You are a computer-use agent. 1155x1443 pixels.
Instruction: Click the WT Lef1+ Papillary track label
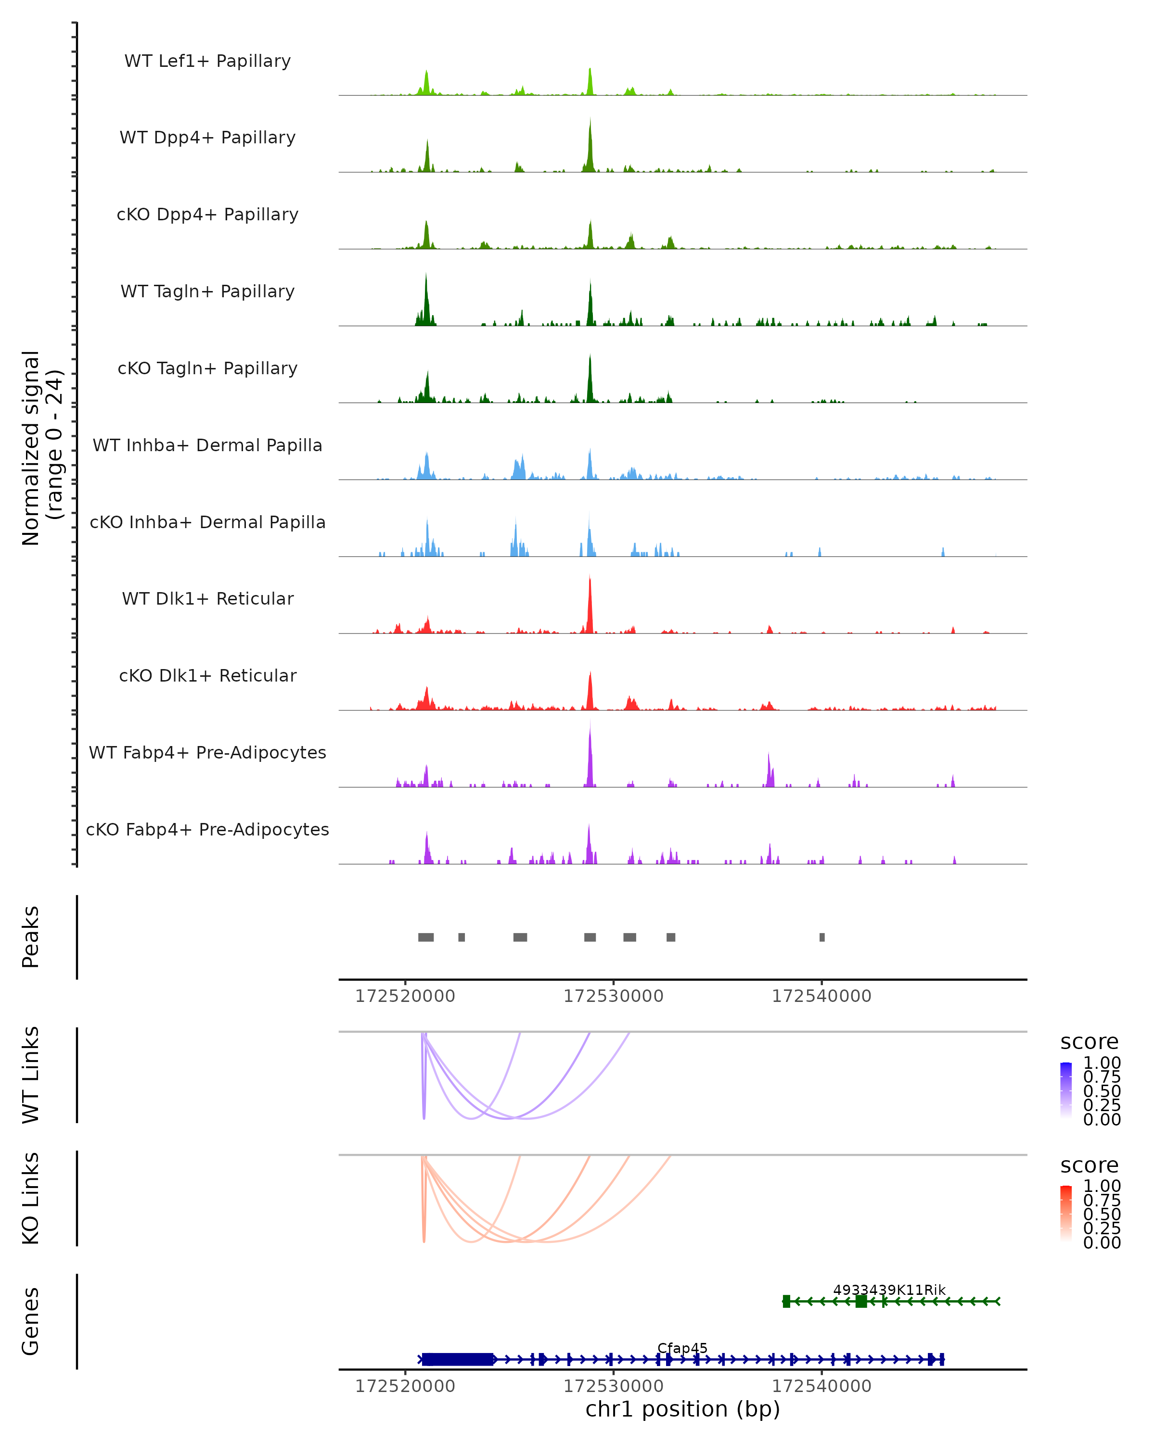[207, 61]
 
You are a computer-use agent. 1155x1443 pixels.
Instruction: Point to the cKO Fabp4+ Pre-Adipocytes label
[207, 829]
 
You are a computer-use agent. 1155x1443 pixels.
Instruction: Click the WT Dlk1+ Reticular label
[207, 598]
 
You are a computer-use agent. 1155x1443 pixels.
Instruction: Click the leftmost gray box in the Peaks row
[426, 937]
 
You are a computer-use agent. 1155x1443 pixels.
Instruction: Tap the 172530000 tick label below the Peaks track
[613, 996]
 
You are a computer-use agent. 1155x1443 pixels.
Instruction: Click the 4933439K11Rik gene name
[889, 1290]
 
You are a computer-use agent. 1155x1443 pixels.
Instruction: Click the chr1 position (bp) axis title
[682, 1409]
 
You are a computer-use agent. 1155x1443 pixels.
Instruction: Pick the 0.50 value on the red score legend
[1102, 1214]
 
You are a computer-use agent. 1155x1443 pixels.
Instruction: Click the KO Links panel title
[31, 1198]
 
